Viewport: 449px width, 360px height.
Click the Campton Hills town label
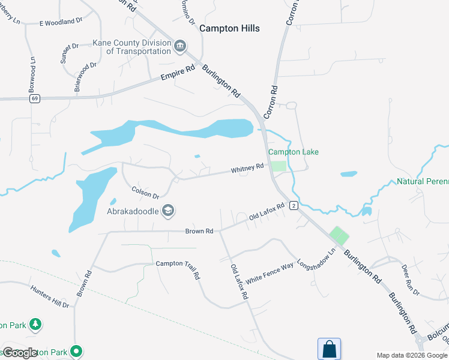click(x=229, y=28)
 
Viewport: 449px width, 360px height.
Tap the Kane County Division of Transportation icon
click(x=180, y=47)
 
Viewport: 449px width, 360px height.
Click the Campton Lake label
click(x=294, y=152)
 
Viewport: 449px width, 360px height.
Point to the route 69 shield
click(x=35, y=99)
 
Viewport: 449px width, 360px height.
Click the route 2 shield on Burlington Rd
click(x=293, y=206)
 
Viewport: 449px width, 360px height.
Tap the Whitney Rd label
click(x=247, y=169)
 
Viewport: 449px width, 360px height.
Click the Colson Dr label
click(x=145, y=192)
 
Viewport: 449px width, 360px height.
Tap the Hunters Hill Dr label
click(x=50, y=295)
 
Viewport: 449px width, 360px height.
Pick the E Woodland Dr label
click(x=61, y=22)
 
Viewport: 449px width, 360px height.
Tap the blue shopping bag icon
click(x=329, y=349)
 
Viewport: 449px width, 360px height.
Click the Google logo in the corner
click(x=20, y=353)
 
